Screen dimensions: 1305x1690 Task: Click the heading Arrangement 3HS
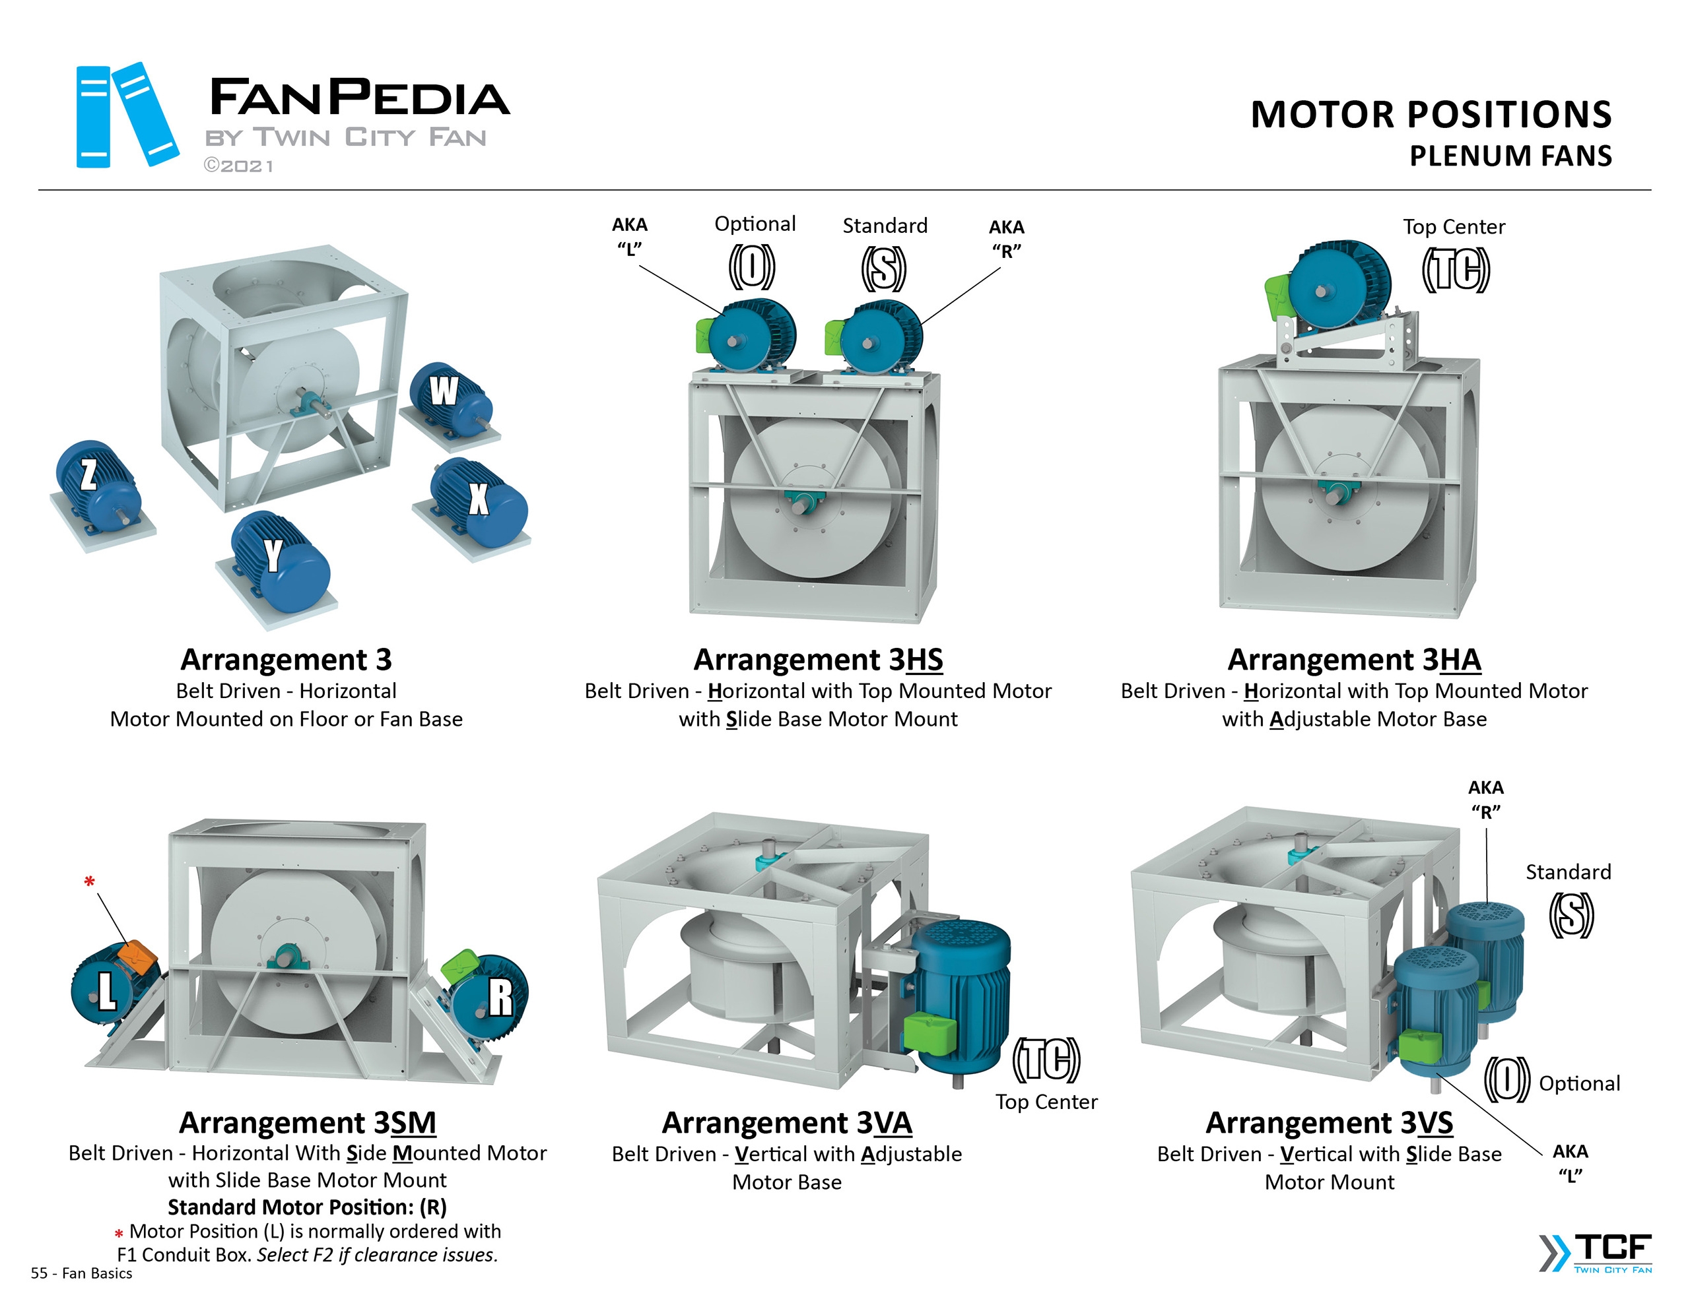(818, 659)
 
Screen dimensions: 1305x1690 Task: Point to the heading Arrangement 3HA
(1353, 659)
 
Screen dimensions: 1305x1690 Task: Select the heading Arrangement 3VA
(787, 1122)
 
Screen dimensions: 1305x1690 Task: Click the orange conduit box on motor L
(138, 958)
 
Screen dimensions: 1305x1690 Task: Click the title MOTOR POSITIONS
(1431, 115)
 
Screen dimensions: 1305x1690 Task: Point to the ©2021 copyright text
(238, 166)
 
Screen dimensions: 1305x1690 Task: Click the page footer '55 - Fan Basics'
(81, 1273)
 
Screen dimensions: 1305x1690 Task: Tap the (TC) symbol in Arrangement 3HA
(1455, 270)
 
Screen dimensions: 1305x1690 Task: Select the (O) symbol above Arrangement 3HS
(751, 267)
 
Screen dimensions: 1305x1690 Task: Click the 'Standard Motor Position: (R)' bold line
(307, 1207)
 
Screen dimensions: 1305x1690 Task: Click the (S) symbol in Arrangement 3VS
(1571, 914)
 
